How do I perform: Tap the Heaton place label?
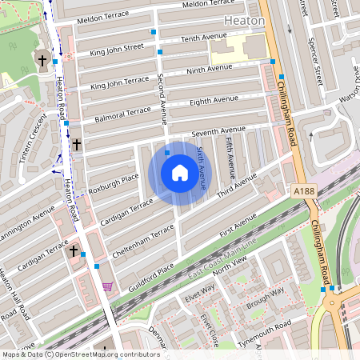point(244,20)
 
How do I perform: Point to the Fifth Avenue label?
point(230,157)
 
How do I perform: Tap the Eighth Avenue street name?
point(214,101)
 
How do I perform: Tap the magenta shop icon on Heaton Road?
point(107,286)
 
